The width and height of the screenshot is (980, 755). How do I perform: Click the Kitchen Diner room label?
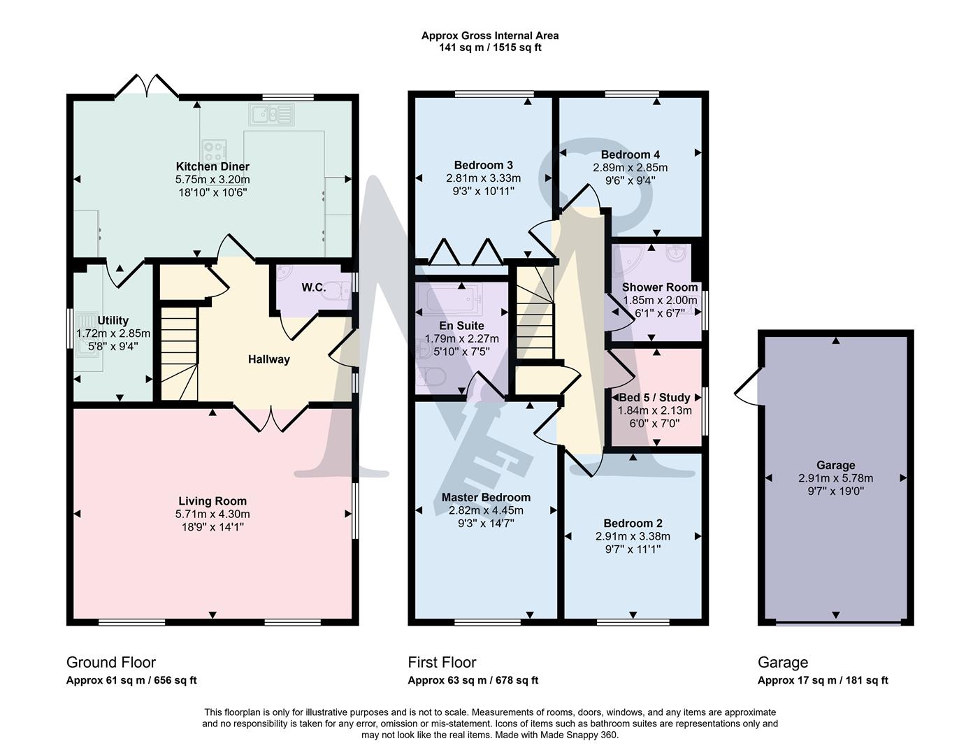[212, 166]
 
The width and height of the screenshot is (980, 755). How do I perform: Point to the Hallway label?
[268, 359]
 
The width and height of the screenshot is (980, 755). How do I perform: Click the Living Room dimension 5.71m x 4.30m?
[212, 514]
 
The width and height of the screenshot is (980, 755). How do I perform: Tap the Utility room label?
[113, 321]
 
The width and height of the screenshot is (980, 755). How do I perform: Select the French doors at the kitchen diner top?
[147, 87]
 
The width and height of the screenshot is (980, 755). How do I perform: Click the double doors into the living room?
[270, 418]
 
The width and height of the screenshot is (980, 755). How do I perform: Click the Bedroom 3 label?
[484, 165]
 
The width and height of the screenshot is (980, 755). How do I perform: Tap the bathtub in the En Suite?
[448, 302]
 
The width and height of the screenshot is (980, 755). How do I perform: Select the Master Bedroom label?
[486, 497]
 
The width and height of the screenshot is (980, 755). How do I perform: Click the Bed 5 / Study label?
[654, 397]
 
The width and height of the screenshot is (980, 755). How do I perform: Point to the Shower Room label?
[660, 287]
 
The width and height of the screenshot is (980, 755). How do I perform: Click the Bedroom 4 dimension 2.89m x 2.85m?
[630, 168]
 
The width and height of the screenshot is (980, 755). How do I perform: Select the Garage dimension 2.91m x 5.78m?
[835, 478]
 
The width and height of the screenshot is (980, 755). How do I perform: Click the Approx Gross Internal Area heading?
[489, 36]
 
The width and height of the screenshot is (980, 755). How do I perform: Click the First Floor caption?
[442, 662]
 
